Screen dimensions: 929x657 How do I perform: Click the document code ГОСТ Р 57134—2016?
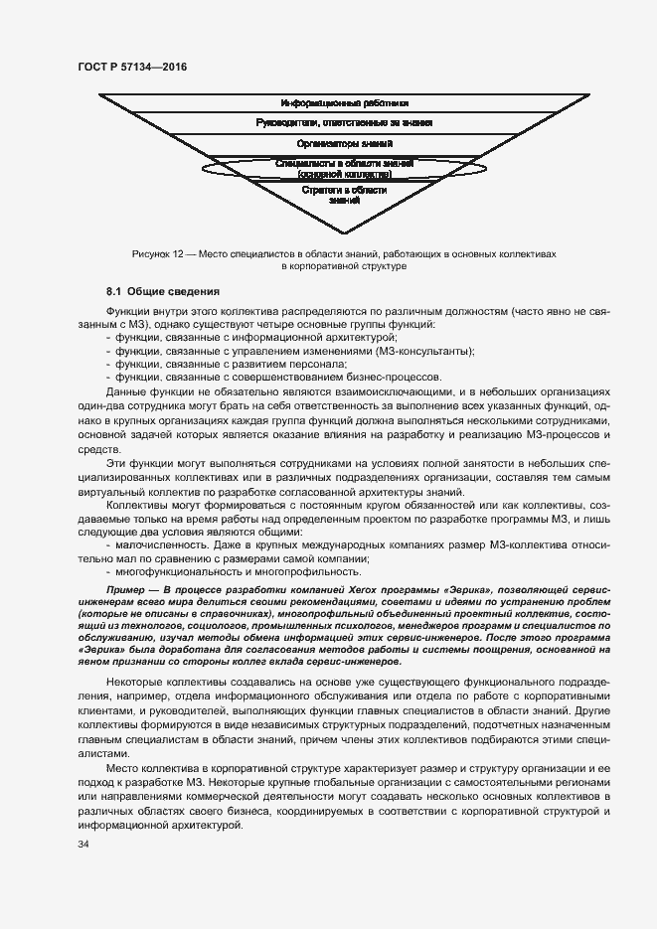pyautogui.click(x=131, y=66)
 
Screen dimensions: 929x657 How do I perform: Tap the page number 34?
pyautogui.click(x=82, y=845)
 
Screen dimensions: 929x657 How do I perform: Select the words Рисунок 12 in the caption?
pyautogui.click(x=157, y=254)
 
